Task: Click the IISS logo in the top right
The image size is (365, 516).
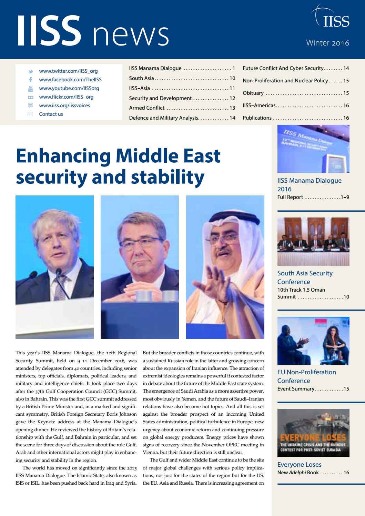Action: tap(332, 18)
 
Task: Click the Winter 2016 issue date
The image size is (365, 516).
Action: tap(327, 43)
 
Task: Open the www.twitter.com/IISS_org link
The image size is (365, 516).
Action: tap(68, 71)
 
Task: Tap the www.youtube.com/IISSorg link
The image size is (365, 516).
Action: tap(69, 88)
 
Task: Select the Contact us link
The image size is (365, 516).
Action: tap(51, 114)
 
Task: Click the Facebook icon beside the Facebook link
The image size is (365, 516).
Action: tap(30, 80)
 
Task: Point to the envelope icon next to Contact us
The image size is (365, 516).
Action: tap(30, 114)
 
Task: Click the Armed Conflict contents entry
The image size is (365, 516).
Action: tap(146, 108)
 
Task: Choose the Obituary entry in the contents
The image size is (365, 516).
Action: tap(253, 93)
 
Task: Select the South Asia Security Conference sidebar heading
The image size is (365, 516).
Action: tap(305, 277)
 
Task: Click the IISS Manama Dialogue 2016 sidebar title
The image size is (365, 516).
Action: tap(309, 185)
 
